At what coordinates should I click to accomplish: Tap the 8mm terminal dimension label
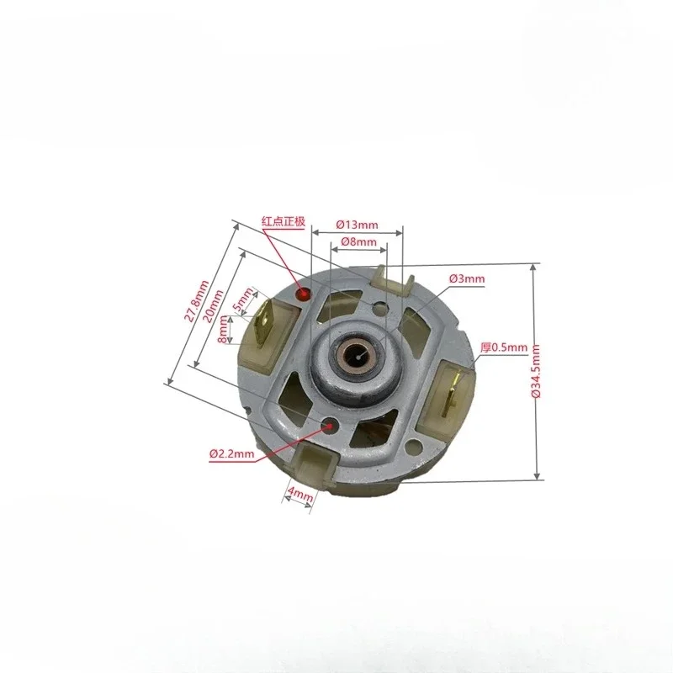tap(222, 330)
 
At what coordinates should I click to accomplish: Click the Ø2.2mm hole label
tap(231, 455)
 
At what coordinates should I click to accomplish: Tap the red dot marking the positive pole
tap(305, 295)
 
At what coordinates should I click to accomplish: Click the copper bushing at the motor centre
tap(360, 352)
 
